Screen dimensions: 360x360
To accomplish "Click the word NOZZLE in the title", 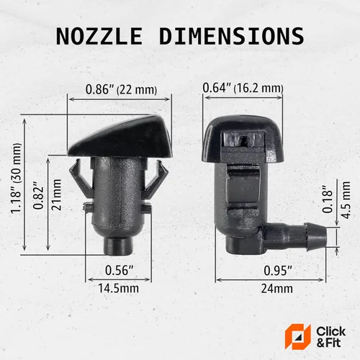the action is (99, 36).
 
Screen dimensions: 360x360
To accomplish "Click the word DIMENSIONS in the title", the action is (232, 36).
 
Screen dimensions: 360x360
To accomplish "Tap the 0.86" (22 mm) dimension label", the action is (121, 89).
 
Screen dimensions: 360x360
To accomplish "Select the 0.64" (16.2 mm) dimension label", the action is (243, 88).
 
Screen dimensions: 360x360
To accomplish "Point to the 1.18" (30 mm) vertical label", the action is (16, 179).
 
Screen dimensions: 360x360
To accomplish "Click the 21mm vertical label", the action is (56, 194).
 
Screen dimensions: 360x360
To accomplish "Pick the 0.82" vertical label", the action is (39, 195).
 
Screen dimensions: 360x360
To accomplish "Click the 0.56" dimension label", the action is (119, 270).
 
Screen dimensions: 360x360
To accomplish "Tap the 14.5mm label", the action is (119, 288).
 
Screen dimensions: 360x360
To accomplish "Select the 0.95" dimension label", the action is (278, 271).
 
